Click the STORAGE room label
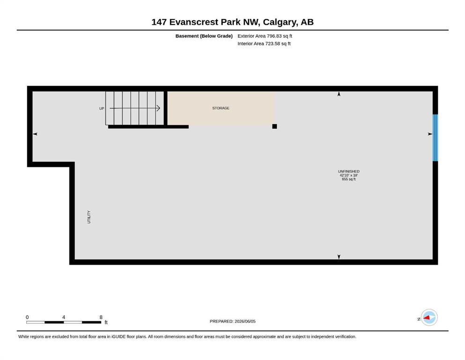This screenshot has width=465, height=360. (221, 108)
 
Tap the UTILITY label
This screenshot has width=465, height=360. (89, 217)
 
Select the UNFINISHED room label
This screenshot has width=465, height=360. (348, 171)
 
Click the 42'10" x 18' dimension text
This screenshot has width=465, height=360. (348, 175)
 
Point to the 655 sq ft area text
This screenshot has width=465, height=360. (348, 179)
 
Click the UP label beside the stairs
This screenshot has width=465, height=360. (102, 108)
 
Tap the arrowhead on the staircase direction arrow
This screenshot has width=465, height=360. (158, 108)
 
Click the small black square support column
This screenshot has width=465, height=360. (274, 127)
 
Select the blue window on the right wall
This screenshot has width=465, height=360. (435, 138)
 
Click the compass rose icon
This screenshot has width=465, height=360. (429, 317)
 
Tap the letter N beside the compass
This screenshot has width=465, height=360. (419, 319)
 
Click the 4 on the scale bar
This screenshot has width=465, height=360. (64, 317)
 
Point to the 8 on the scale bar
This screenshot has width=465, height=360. (101, 317)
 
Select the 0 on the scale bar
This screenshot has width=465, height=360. (27, 317)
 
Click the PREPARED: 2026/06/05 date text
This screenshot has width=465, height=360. (232, 321)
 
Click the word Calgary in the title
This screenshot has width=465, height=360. (280, 22)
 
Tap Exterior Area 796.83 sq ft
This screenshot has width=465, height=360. (265, 36)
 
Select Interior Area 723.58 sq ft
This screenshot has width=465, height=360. (264, 43)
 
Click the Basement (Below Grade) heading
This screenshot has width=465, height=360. (204, 36)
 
